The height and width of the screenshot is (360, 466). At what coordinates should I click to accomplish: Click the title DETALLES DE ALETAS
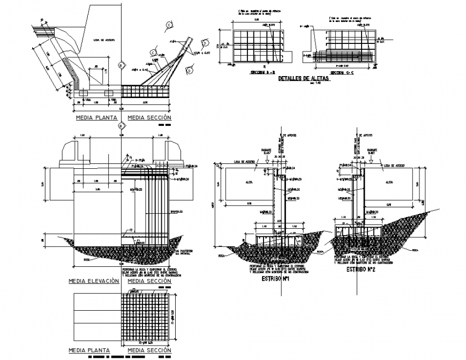click(303, 79)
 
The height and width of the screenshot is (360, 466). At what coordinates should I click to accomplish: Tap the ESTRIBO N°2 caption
click(359, 271)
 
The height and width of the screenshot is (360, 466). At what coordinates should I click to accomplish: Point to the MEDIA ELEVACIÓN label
click(93, 281)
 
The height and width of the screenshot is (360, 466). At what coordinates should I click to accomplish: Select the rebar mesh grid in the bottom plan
click(146, 317)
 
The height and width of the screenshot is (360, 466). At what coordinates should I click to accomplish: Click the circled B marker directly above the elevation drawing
click(122, 125)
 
